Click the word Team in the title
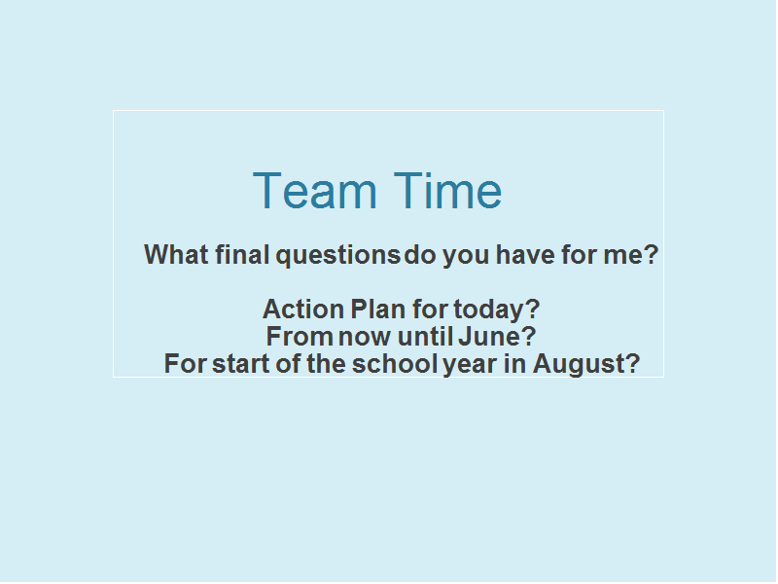315,190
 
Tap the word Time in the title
447,190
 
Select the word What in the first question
176,254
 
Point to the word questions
337,255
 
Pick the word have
525,254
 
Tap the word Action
303,309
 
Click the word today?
496,310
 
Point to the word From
300,336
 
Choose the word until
425,336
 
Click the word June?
497,336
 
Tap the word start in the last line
241,363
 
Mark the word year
470,365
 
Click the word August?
586,364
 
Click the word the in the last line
326,363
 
